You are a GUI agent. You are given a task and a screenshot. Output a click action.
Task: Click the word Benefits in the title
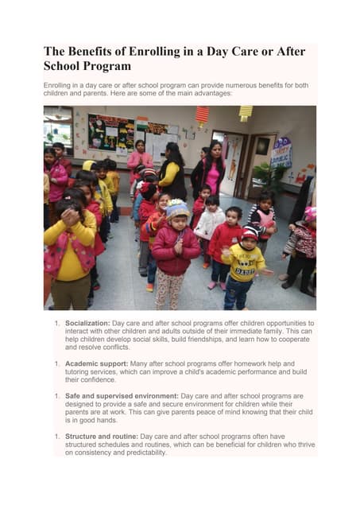click(96, 52)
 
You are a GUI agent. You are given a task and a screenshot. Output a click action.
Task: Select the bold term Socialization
click(87, 324)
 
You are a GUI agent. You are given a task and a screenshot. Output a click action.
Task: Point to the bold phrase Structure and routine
click(102, 437)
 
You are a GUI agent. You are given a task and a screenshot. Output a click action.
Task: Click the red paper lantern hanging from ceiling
click(203, 116)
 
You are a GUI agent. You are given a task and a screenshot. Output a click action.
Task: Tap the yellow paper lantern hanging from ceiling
click(246, 113)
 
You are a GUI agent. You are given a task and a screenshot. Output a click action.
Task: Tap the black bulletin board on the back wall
click(111, 133)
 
